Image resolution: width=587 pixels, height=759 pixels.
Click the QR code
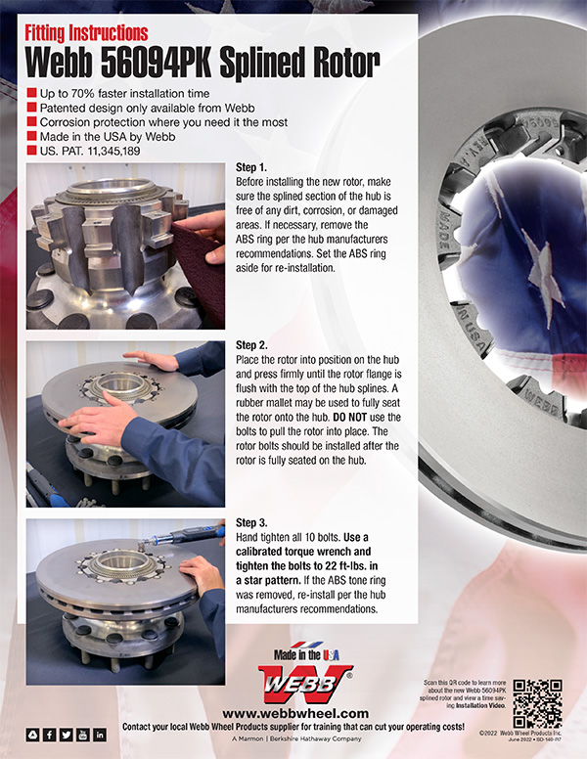pyautogui.click(x=537, y=701)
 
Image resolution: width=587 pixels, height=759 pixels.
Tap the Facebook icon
pyautogui.click(x=49, y=735)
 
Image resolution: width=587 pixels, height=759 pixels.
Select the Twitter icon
pyautogui.click(x=66, y=735)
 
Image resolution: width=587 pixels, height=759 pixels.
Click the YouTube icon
pyautogui.click(x=82, y=735)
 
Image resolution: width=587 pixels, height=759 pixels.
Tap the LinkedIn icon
pyautogui.click(x=99, y=735)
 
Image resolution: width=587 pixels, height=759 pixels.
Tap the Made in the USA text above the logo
pyautogui.click(x=294, y=652)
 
